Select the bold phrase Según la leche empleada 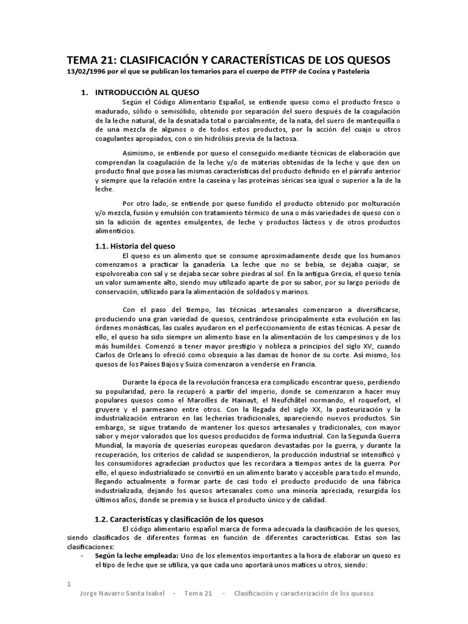(135, 556)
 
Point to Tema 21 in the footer (197, 594)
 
